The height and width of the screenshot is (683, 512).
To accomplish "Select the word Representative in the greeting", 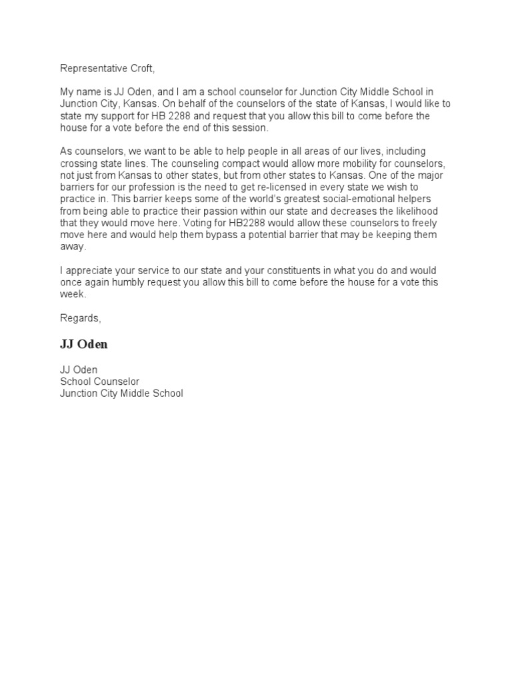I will [x=94, y=68].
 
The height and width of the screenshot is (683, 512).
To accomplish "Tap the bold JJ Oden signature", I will [x=83, y=345].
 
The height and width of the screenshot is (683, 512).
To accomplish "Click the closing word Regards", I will [x=80, y=318].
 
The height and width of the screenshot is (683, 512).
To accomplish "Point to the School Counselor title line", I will [x=100, y=382].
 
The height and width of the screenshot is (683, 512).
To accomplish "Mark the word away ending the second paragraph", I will [x=73, y=247].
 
